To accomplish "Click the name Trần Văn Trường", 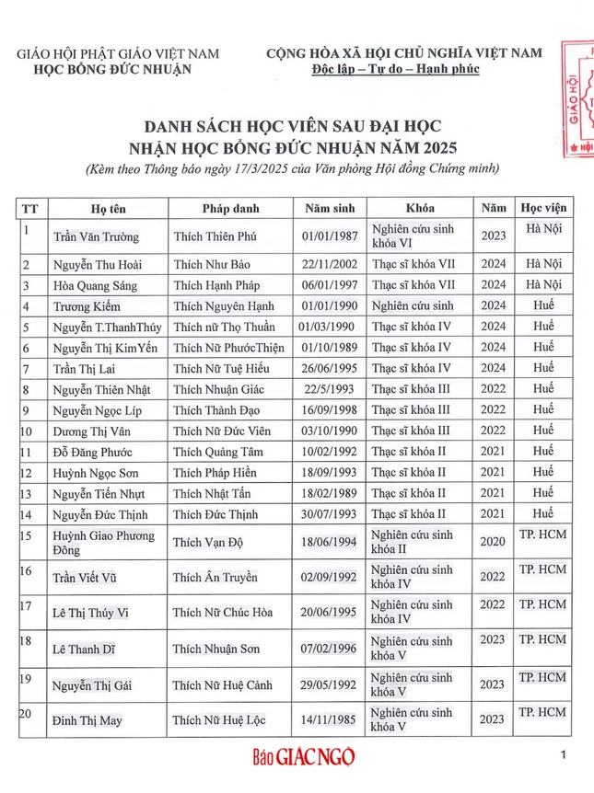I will [x=96, y=236].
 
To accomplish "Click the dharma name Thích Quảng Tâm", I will [x=218, y=452].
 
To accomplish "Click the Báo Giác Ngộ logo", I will [x=303, y=757].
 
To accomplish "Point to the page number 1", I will [x=562, y=755].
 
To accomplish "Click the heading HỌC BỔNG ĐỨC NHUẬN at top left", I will [x=118, y=69].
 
